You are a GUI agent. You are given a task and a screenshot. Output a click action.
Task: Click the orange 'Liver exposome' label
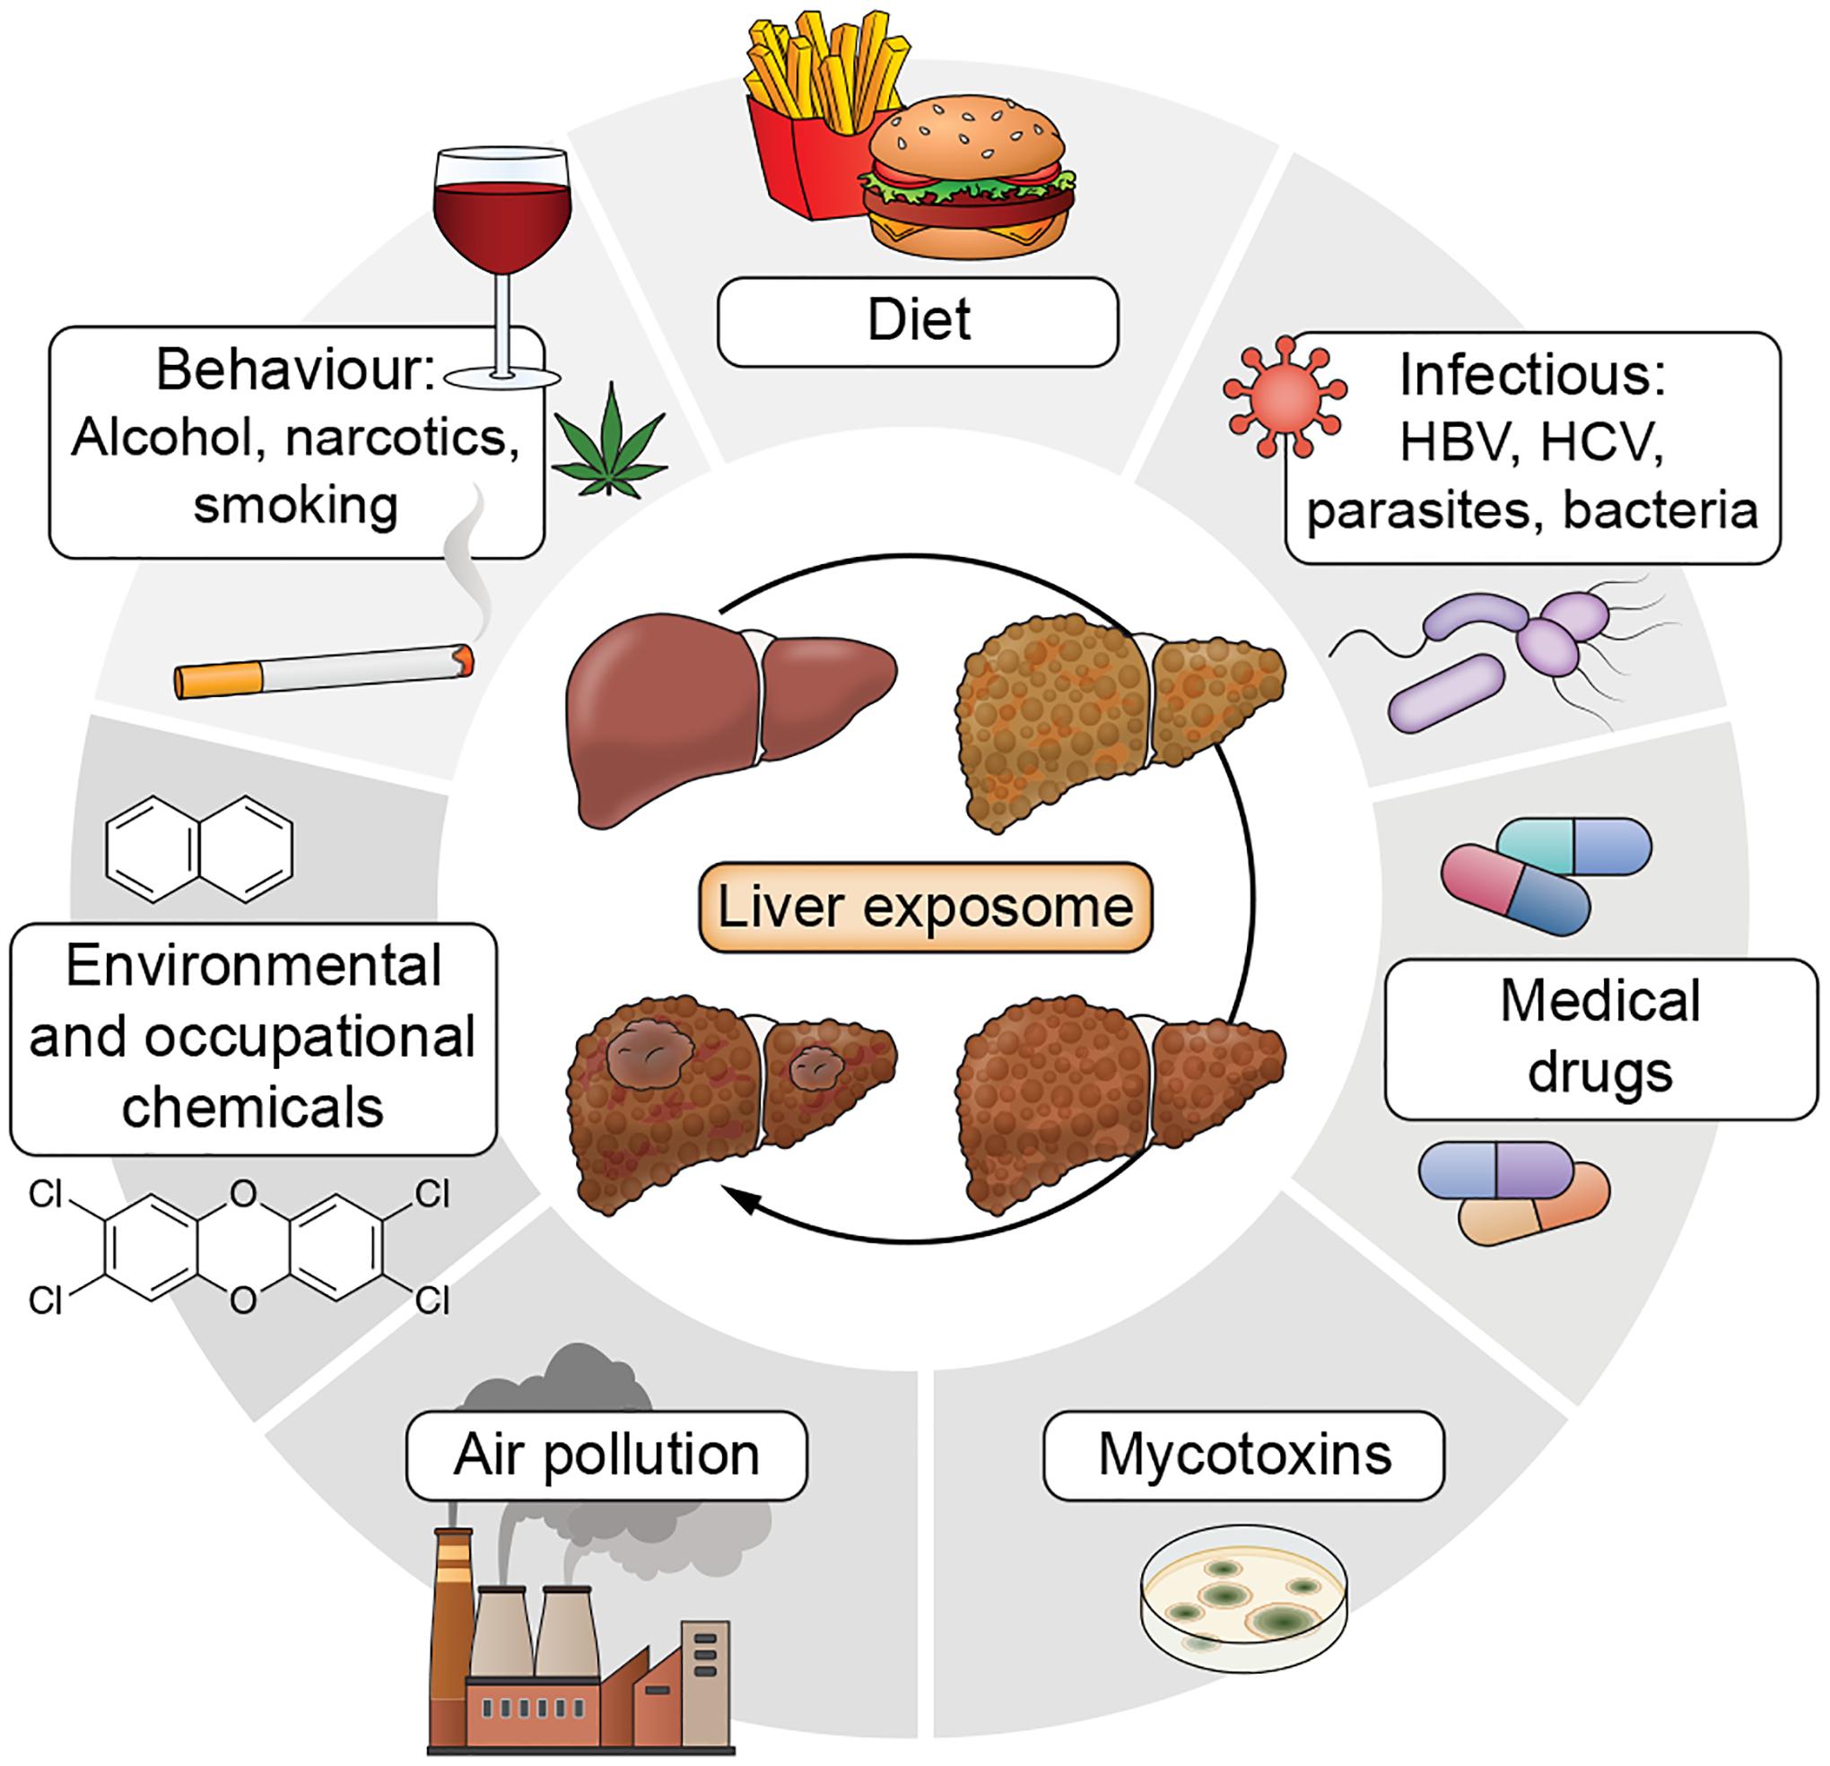coord(925,908)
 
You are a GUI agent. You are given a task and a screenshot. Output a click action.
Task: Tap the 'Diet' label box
coord(918,321)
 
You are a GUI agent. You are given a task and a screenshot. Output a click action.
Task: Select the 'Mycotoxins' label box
coord(1243,1455)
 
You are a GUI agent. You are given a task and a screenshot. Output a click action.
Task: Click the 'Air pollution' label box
coord(607,1455)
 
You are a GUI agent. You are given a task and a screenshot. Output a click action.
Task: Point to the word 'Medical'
coord(1600,1002)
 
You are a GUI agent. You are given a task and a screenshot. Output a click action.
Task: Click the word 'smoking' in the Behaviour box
coord(296,505)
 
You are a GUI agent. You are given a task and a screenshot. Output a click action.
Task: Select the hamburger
coord(968,191)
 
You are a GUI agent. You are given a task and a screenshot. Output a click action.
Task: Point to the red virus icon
coord(1285,396)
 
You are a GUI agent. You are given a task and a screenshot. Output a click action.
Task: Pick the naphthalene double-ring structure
coord(199,848)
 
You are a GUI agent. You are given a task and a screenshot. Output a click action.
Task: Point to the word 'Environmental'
coord(253,965)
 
